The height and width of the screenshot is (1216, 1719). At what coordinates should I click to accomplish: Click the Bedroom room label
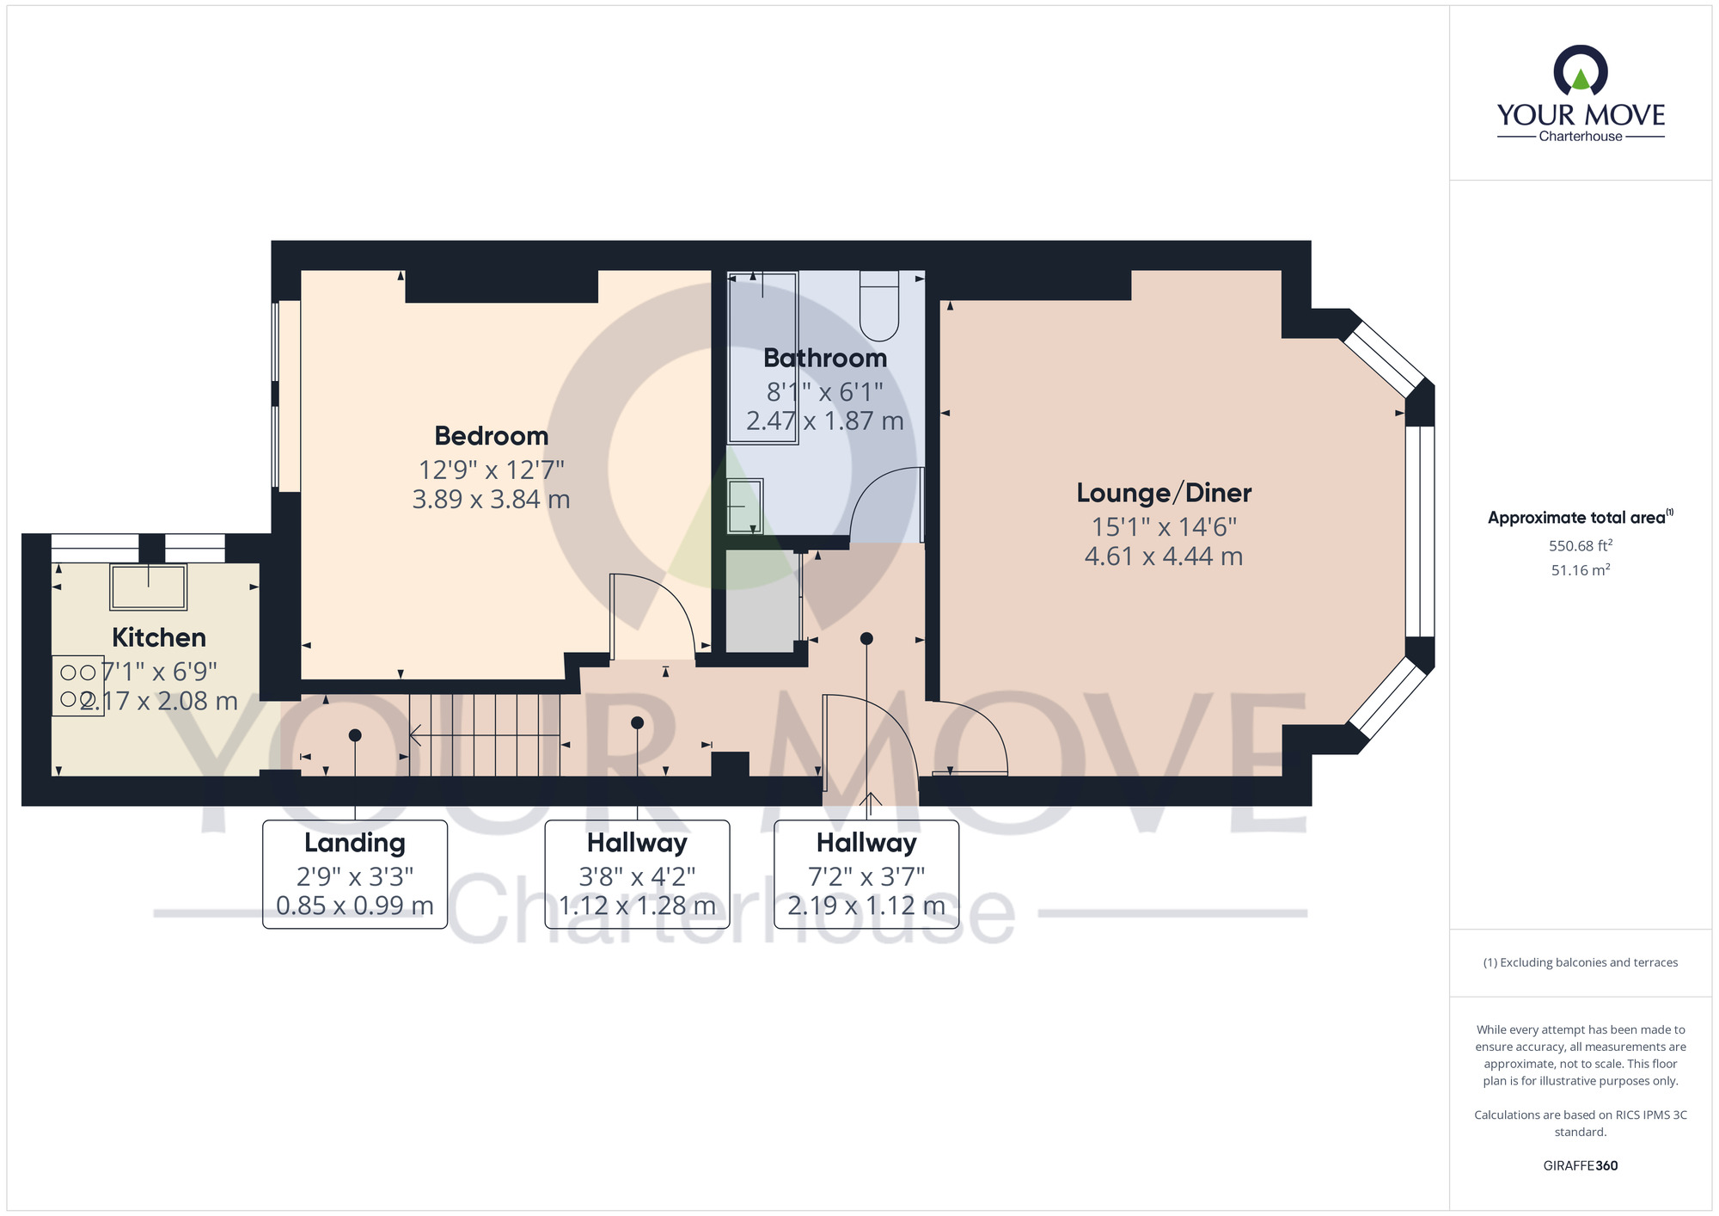pos(491,436)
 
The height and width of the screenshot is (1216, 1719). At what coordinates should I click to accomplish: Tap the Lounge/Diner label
pos(1164,493)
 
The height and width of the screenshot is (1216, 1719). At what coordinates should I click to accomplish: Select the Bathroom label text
pos(824,358)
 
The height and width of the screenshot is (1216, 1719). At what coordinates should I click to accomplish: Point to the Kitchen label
pos(159,637)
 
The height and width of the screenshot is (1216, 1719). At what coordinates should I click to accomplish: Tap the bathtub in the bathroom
pos(762,357)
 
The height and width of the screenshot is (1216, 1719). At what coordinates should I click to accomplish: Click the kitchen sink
pos(148,587)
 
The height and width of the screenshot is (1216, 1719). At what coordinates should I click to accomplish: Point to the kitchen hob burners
pos(77,685)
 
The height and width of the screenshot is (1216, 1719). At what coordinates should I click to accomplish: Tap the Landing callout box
pos(355,874)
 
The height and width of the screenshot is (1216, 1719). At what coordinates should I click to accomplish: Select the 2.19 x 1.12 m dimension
pos(866,906)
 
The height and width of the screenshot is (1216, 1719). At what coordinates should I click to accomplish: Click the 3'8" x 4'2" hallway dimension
pos(637,876)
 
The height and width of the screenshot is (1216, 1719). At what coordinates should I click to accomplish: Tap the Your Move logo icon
pos(1580,71)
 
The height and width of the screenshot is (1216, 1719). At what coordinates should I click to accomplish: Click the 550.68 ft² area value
pos(1580,545)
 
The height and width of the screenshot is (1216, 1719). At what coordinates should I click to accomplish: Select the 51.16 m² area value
pos(1580,570)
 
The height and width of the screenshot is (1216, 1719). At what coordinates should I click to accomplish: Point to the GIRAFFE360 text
pos(1580,1165)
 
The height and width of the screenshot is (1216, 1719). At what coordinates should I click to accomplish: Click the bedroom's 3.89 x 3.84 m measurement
pos(491,499)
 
